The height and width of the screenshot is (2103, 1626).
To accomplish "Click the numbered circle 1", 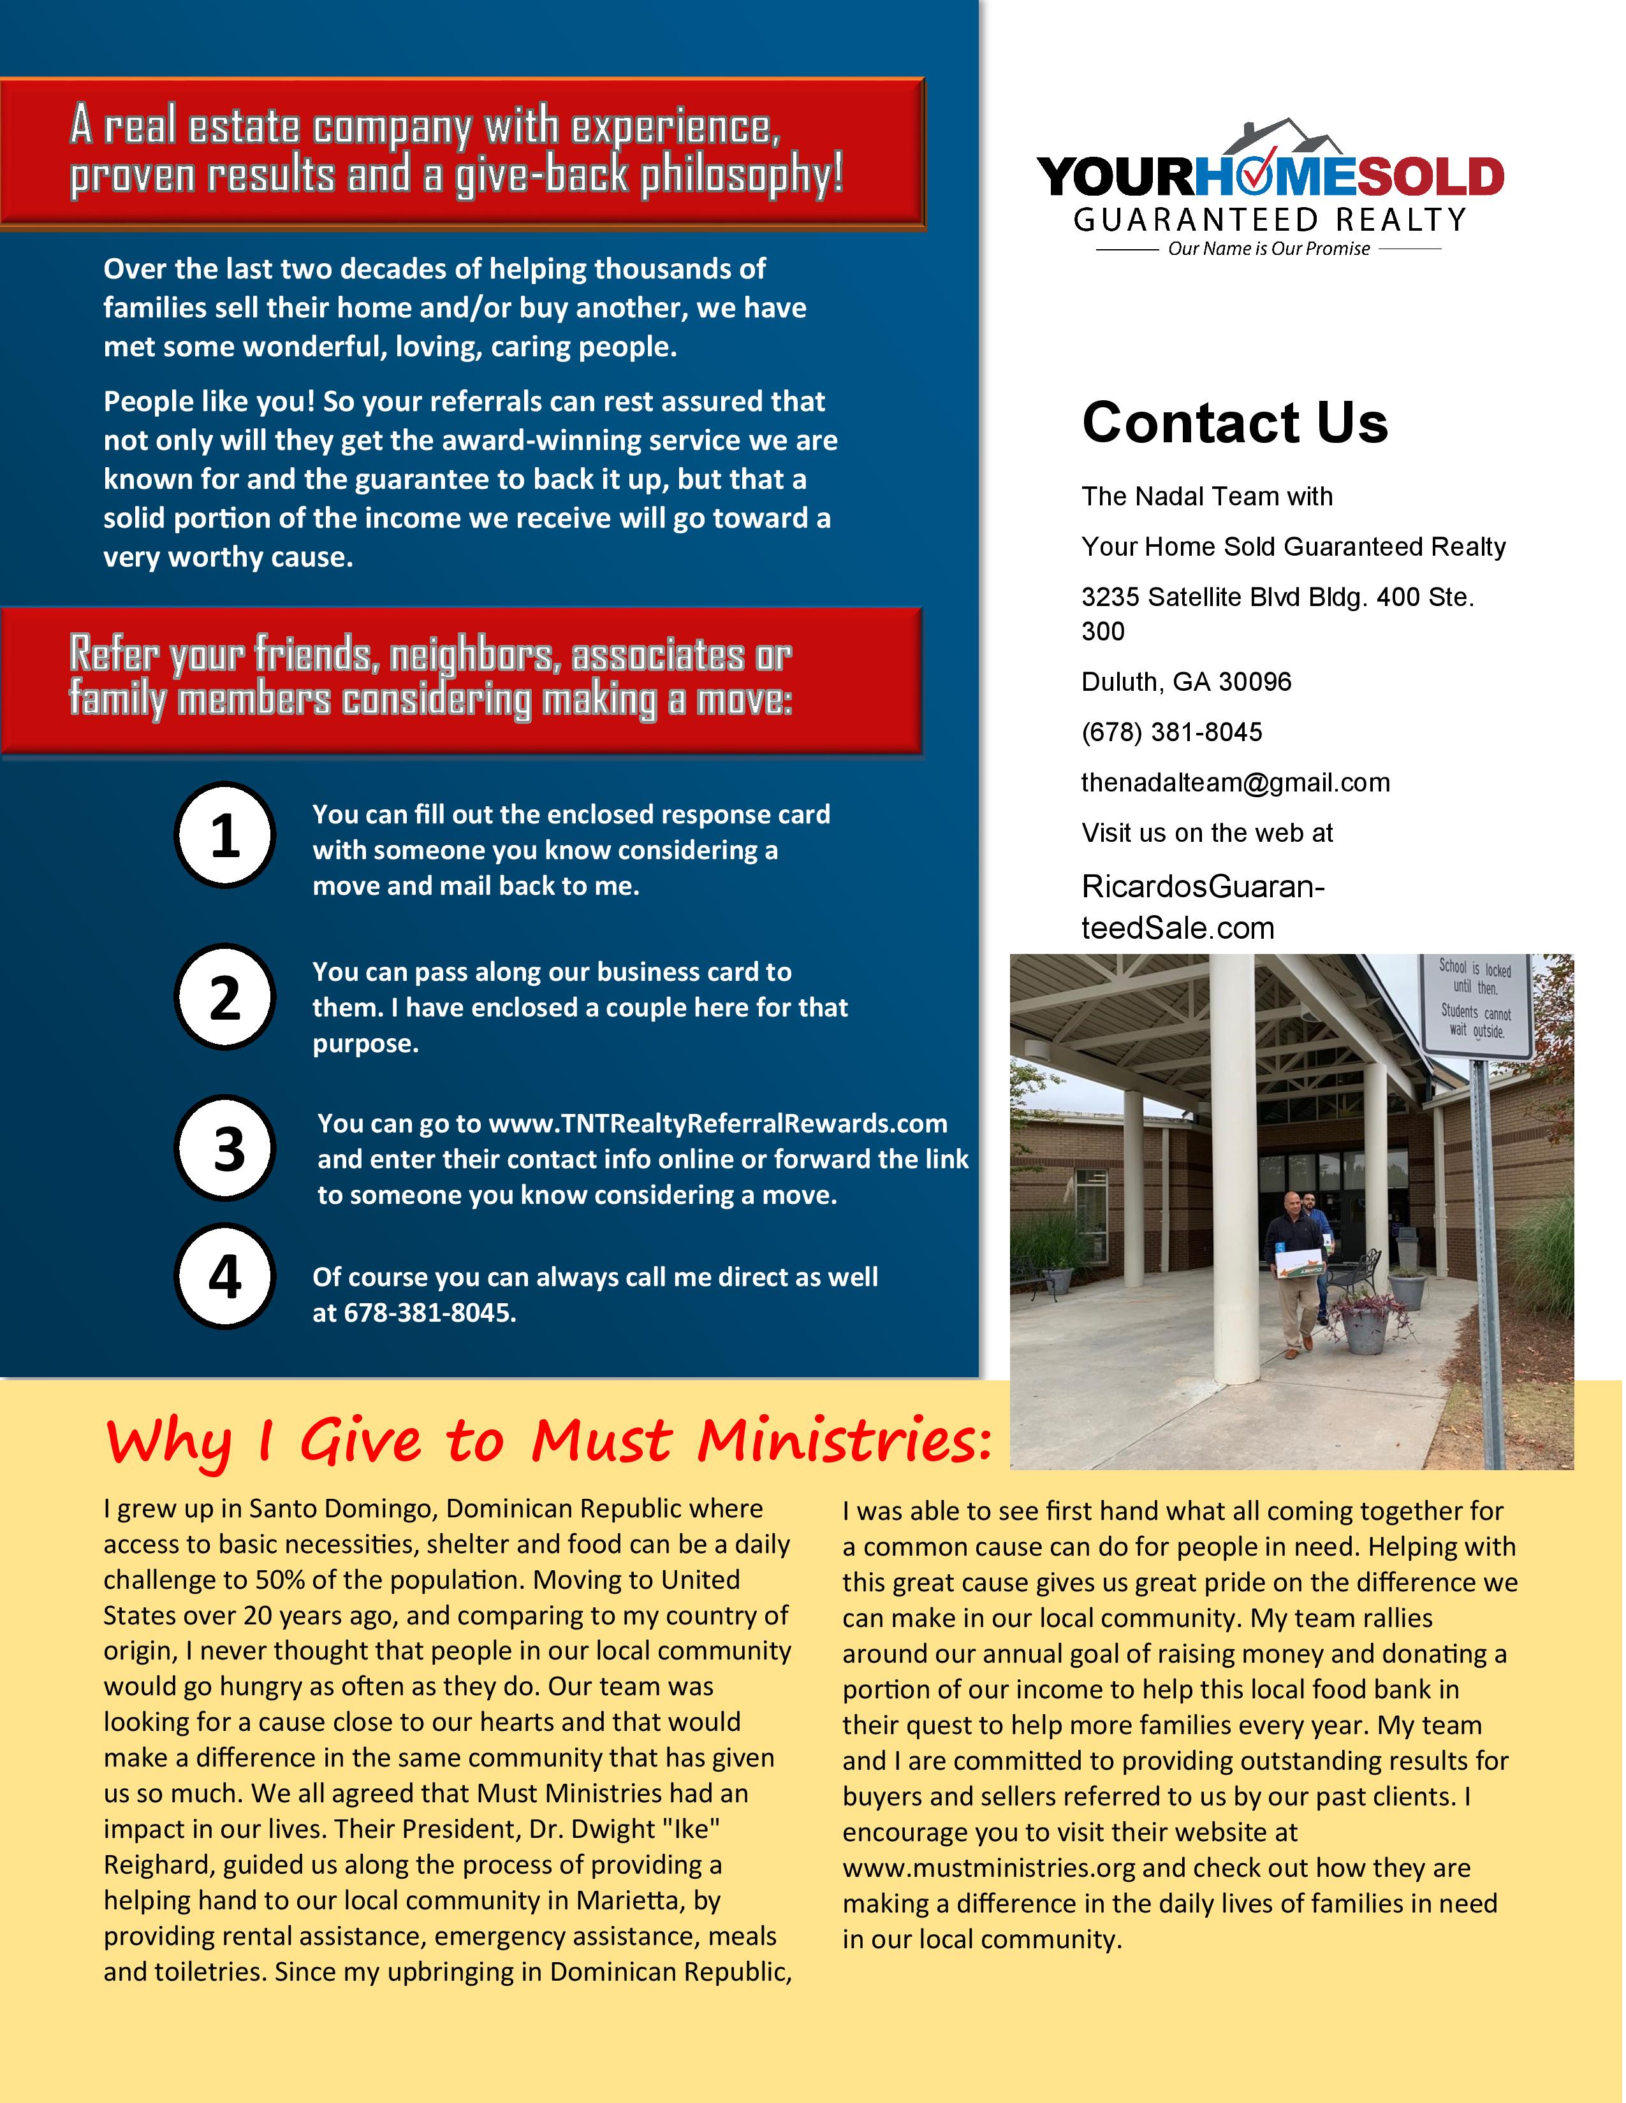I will tap(224, 835).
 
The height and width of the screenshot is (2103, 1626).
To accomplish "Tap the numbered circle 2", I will tap(224, 997).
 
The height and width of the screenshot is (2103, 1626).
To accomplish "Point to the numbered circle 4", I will tap(224, 1277).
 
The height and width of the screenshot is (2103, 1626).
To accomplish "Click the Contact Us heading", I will tap(1234, 423).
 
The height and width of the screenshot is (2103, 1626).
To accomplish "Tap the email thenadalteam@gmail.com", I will tap(1235, 783).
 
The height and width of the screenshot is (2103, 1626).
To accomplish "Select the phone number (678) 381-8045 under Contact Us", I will tap(1171, 733).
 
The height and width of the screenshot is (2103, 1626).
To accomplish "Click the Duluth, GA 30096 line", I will tap(1186, 683).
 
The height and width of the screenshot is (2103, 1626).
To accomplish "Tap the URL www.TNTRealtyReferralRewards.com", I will tap(717, 1124).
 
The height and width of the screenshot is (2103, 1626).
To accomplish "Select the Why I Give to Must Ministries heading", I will tap(548, 1442).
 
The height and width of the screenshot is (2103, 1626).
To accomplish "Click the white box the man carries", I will tap(1300, 1261).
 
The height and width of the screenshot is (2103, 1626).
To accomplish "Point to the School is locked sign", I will tap(1475, 1001).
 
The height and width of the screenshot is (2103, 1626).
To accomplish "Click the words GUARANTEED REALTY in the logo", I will tap(1269, 220).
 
